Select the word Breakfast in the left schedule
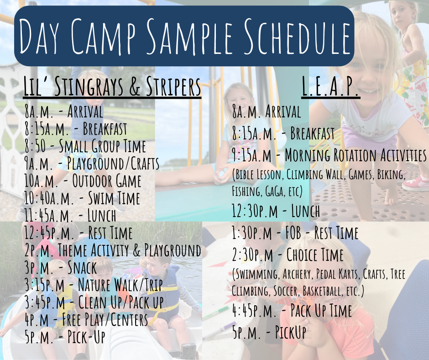coord(105,128)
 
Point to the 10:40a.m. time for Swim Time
coord(49,198)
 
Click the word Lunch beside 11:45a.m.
coord(102,215)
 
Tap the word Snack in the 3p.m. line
coord(82,267)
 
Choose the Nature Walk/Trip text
coord(120,285)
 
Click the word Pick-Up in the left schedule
coord(86,337)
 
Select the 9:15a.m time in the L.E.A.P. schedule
coord(251,155)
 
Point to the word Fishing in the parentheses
coord(246,191)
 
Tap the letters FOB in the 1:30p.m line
coord(293,233)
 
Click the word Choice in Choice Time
coord(302,255)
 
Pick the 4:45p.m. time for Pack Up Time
coord(254,311)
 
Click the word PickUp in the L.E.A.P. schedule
coord(290,332)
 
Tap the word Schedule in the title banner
coord(297,36)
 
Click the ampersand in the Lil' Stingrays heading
coord(135,87)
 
